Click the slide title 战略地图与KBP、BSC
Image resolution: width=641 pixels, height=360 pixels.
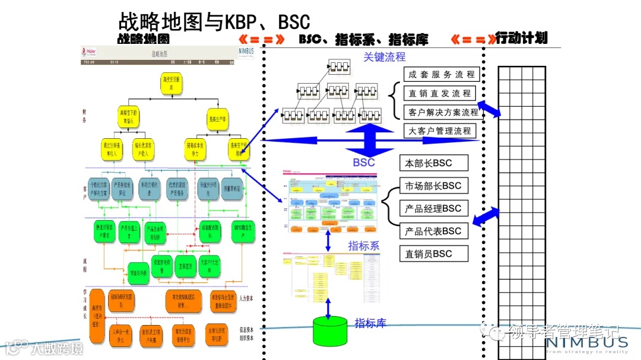point(214,21)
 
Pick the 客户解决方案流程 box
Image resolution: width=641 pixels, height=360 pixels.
point(442,112)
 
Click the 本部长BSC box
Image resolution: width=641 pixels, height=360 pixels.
point(434,163)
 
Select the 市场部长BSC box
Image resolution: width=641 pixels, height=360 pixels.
point(434,186)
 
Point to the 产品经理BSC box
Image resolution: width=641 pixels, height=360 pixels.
point(434,208)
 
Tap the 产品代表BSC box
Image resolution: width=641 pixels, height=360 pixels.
point(434,231)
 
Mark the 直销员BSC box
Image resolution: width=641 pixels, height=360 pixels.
point(434,253)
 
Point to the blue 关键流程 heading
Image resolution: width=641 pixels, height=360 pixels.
point(385,57)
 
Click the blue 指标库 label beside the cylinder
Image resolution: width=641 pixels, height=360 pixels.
point(370,323)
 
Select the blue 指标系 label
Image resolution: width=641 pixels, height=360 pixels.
point(363,246)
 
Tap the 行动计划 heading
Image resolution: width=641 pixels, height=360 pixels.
point(521,39)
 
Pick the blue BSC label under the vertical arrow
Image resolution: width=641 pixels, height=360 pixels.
point(364,162)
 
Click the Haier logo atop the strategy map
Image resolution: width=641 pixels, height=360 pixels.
point(90,52)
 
